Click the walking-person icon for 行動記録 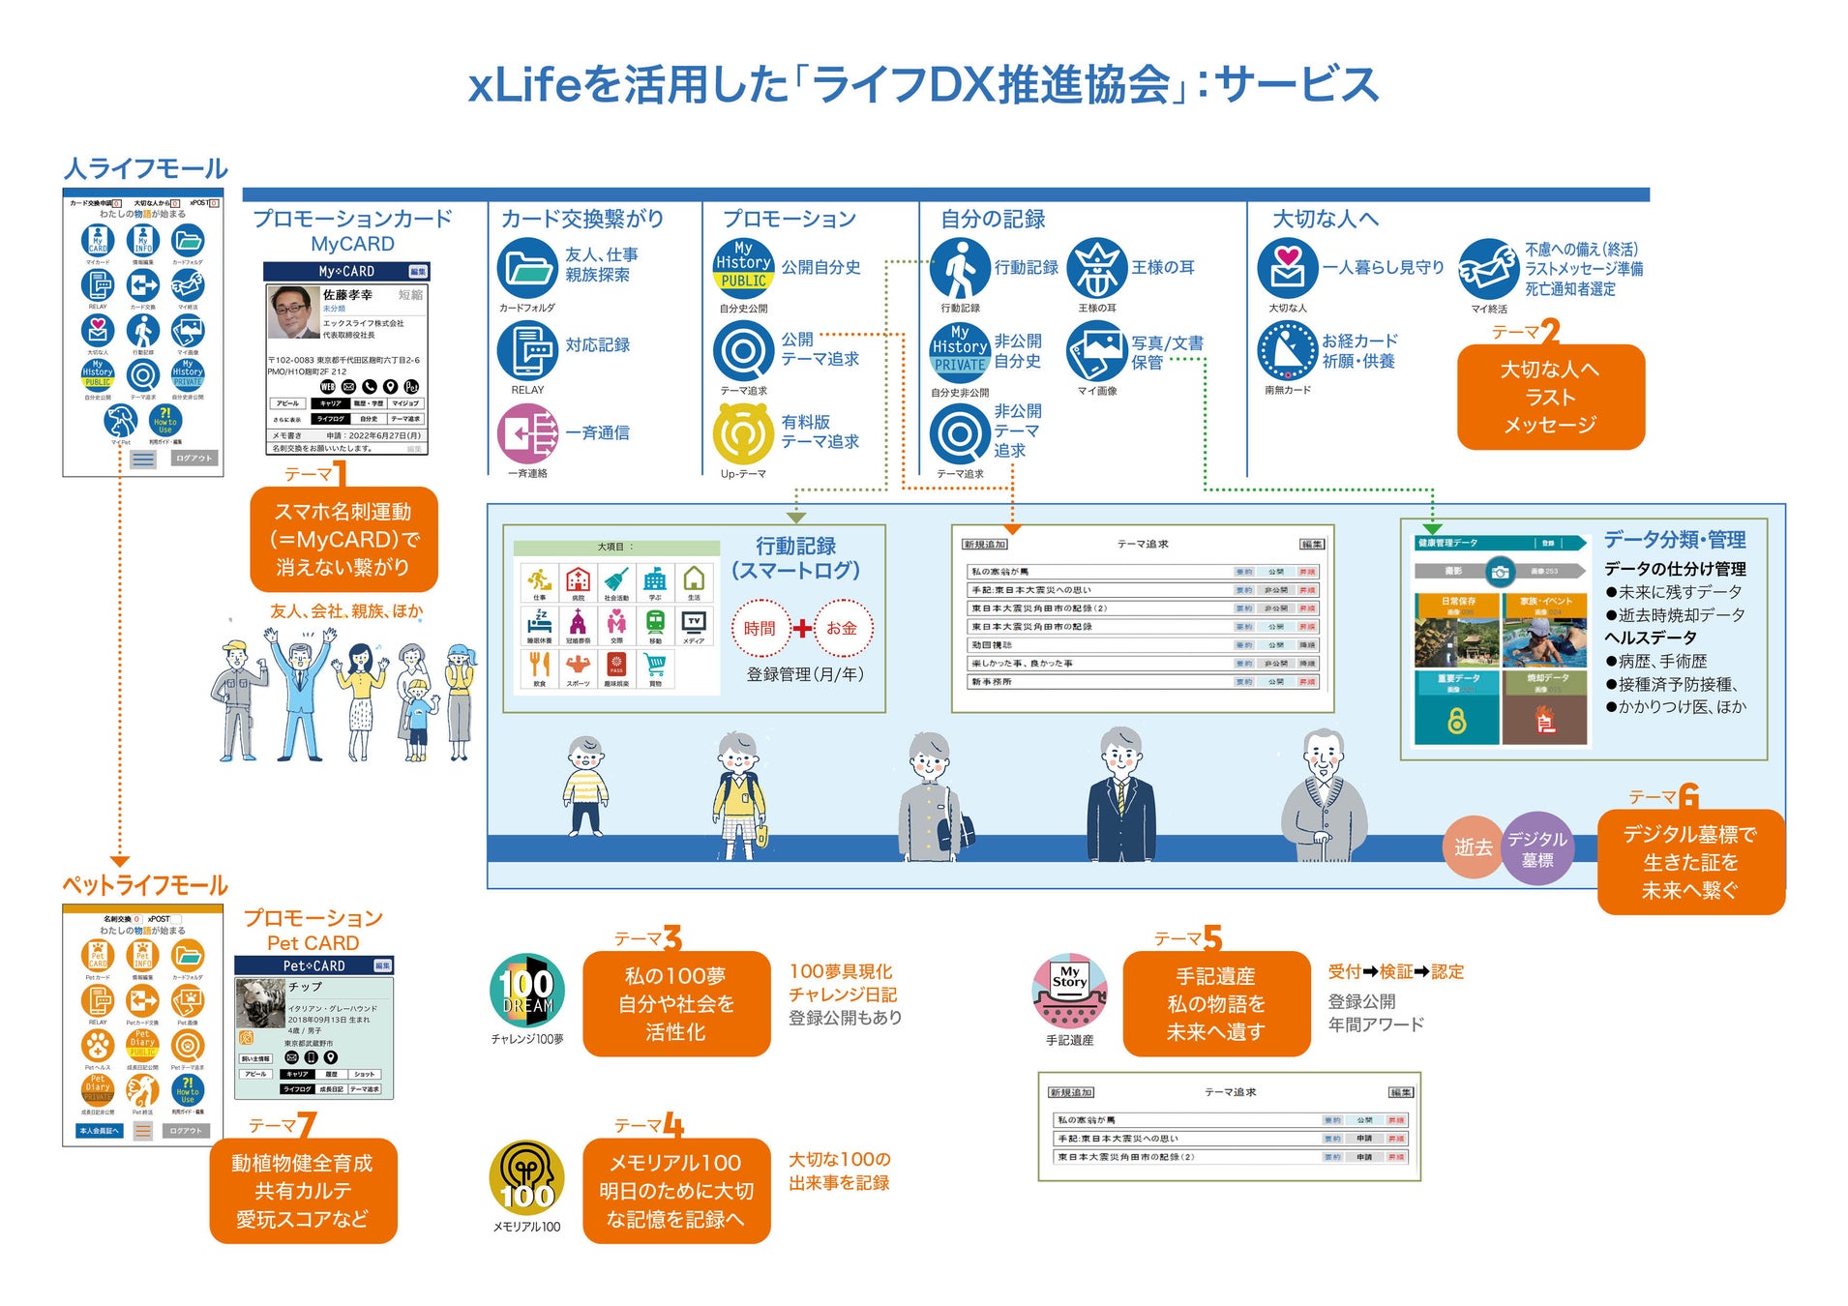(x=959, y=268)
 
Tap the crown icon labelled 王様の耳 (x=1096, y=268)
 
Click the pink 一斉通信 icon (x=527, y=433)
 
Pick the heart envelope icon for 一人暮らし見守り (x=1287, y=268)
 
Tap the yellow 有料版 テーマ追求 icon (x=743, y=433)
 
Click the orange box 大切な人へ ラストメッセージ (x=1550, y=397)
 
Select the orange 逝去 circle (x=1473, y=847)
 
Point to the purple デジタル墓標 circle (x=1536, y=848)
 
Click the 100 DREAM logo (x=527, y=990)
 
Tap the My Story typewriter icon (x=1069, y=991)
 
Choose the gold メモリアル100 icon (x=527, y=1178)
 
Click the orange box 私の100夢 (x=675, y=1003)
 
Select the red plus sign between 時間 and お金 (x=802, y=629)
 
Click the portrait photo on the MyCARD (x=292, y=312)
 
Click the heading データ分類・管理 (x=1674, y=540)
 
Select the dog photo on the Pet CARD (x=259, y=1003)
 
